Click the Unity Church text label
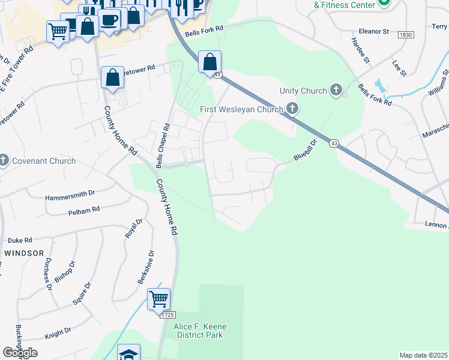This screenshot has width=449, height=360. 303,91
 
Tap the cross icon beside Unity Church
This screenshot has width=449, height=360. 336,91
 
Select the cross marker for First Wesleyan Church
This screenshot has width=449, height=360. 292,109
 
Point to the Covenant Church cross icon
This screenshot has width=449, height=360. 4,160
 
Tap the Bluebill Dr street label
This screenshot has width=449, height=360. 305,150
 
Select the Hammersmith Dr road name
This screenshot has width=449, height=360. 70,196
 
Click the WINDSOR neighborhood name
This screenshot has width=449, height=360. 24,253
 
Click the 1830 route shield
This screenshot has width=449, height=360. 406,36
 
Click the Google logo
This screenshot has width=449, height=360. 20,353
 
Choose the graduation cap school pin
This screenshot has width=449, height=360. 129,353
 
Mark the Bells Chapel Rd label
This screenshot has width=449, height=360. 160,146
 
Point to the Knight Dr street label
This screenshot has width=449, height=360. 58,331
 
